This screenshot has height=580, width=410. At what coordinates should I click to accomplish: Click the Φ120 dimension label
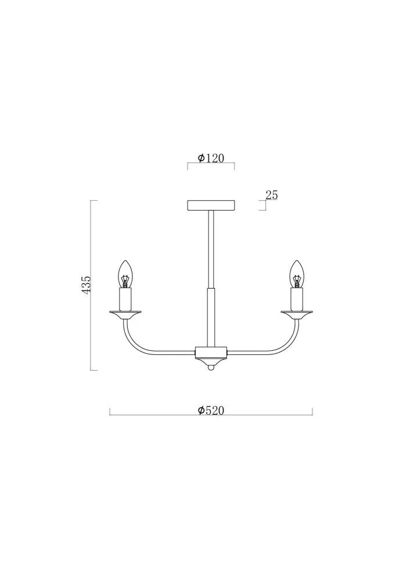pyautogui.click(x=211, y=158)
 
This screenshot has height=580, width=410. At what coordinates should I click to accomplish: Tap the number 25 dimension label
pyautogui.click(x=271, y=195)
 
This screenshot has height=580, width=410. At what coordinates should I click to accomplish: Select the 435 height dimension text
pyautogui.click(x=87, y=284)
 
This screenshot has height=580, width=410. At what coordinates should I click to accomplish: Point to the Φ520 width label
pyautogui.click(x=211, y=410)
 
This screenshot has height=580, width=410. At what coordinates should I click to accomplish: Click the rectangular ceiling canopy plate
pyautogui.click(x=211, y=205)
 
